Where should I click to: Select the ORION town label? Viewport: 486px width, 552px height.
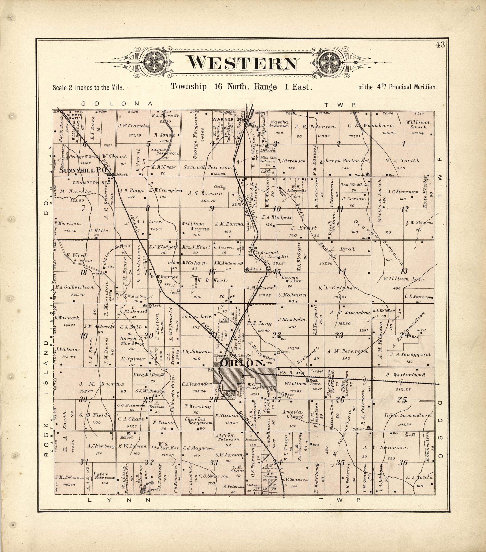(242, 363)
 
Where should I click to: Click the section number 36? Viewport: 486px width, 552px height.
(403, 463)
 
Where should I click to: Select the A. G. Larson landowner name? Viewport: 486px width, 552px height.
(206, 193)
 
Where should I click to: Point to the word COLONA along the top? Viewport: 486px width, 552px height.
(117, 104)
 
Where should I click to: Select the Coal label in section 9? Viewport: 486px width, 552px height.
(218, 187)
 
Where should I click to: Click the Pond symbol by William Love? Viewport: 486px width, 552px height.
(307, 380)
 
